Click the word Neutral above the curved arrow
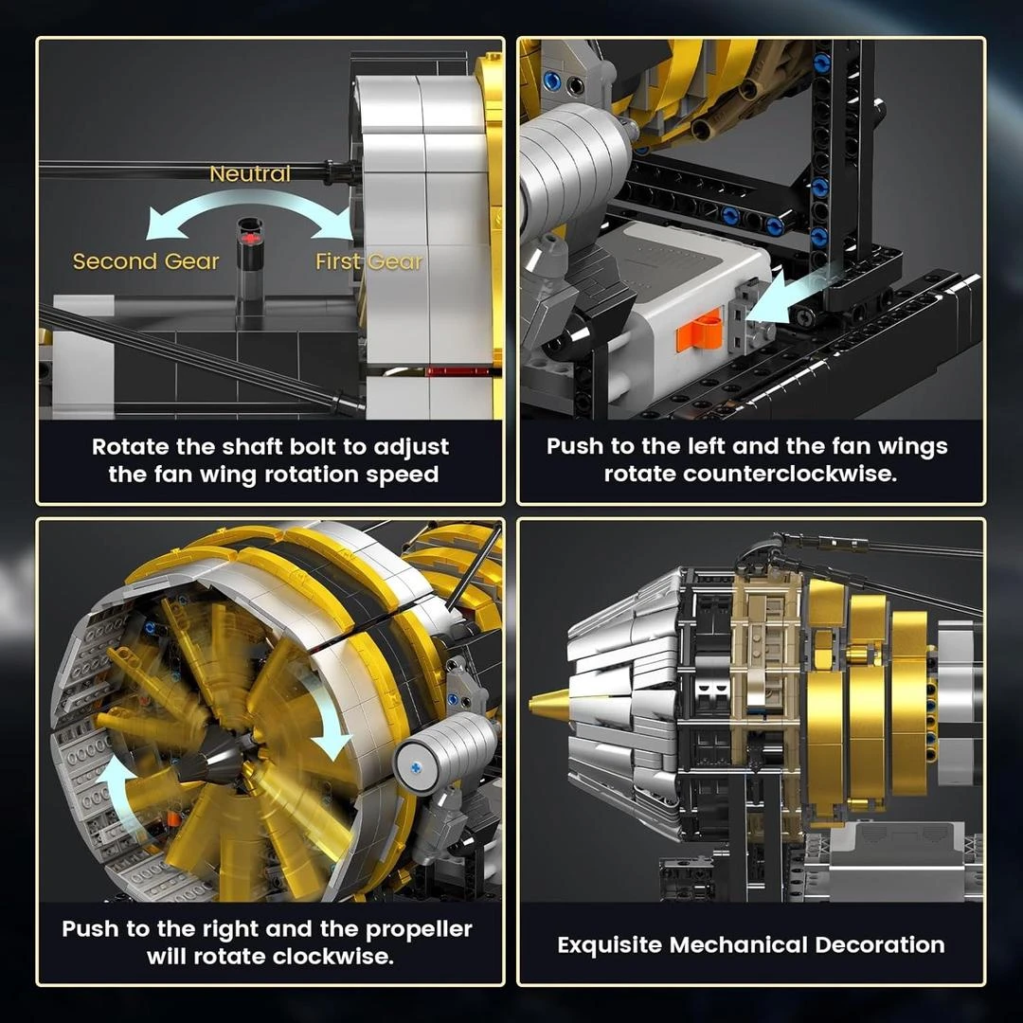coord(250,173)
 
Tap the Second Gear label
coord(146,261)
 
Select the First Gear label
coord(368,261)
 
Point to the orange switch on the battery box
coord(699,333)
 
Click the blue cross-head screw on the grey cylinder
coord(416,768)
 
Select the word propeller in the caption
coord(419,930)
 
